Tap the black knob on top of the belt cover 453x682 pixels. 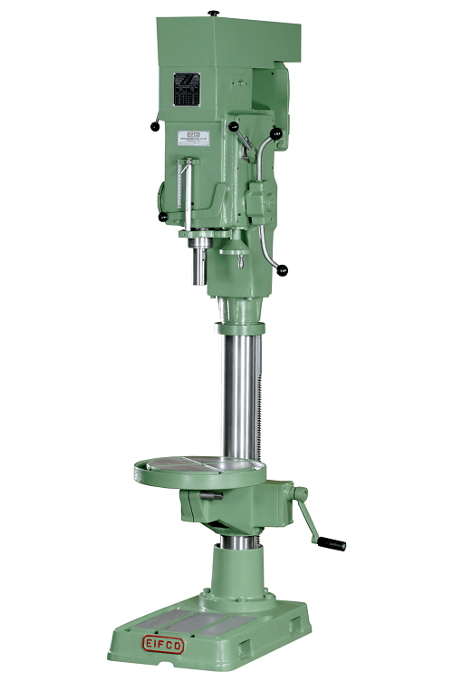pyautogui.click(x=214, y=12)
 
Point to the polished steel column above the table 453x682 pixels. pyautogui.click(x=237, y=390)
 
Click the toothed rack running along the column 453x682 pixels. pyautogui.click(x=259, y=399)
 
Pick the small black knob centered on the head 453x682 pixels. pyautogui.click(x=233, y=126)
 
